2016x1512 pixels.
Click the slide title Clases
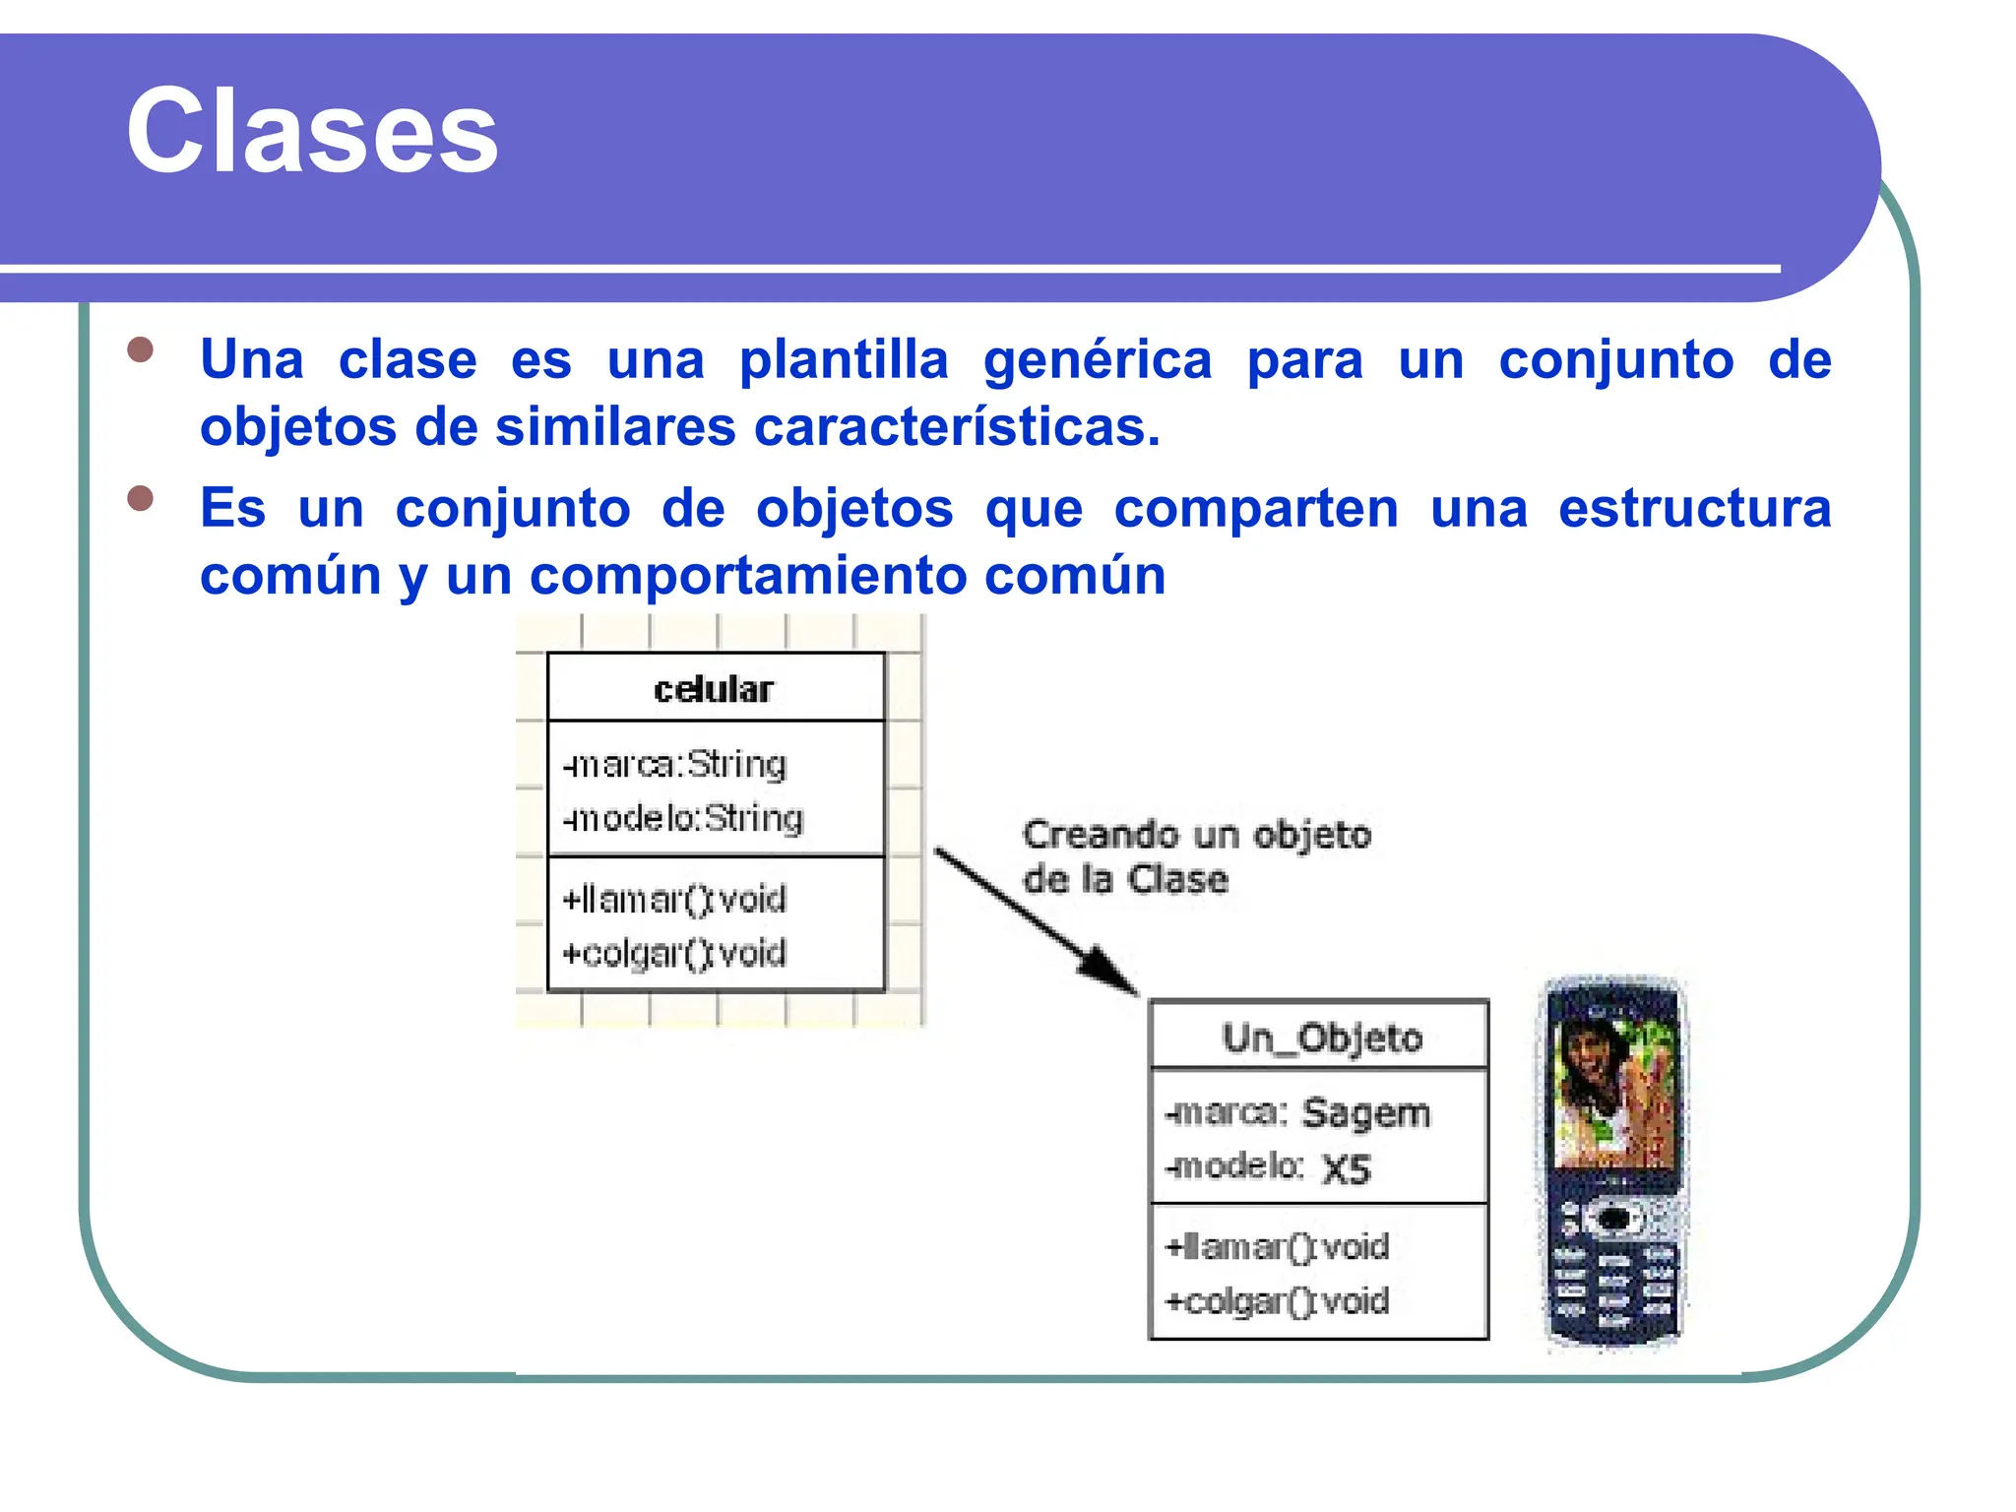click(312, 131)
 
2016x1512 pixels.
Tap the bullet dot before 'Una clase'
click(141, 350)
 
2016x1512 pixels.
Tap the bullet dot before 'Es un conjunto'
click(141, 498)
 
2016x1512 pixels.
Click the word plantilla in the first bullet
click(844, 360)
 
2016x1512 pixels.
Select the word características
click(957, 428)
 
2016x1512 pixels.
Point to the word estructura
click(1693, 509)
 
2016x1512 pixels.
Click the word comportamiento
click(748, 576)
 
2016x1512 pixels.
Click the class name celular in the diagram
click(714, 689)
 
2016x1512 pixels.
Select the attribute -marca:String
click(675, 765)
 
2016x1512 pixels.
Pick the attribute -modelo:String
click(683, 818)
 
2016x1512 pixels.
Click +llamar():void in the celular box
click(674, 899)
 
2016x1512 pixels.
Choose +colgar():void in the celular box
click(674, 953)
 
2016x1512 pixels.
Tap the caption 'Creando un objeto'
click(1196, 835)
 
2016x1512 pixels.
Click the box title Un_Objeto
click(1322, 1038)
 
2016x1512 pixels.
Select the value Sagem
click(1365, 1113)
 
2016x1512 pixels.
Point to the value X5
click(1347, 1169)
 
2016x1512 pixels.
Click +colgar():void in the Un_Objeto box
click(1277, 1301)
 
